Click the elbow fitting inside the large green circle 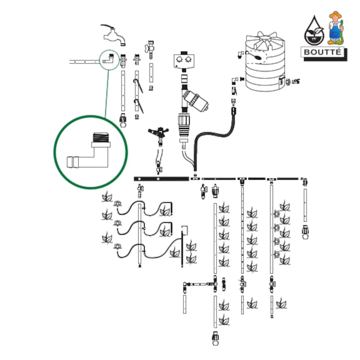[x=92, y=153]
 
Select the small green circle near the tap [x=109, y=59]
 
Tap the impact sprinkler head [x=158, y=132]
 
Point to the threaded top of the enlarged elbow [x=101, y=137]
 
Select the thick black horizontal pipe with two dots [x=161, y=179]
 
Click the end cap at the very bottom [x=215, y=339]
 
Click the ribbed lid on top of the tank [x=266, y=39]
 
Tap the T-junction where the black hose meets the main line [x=195, y=177]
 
